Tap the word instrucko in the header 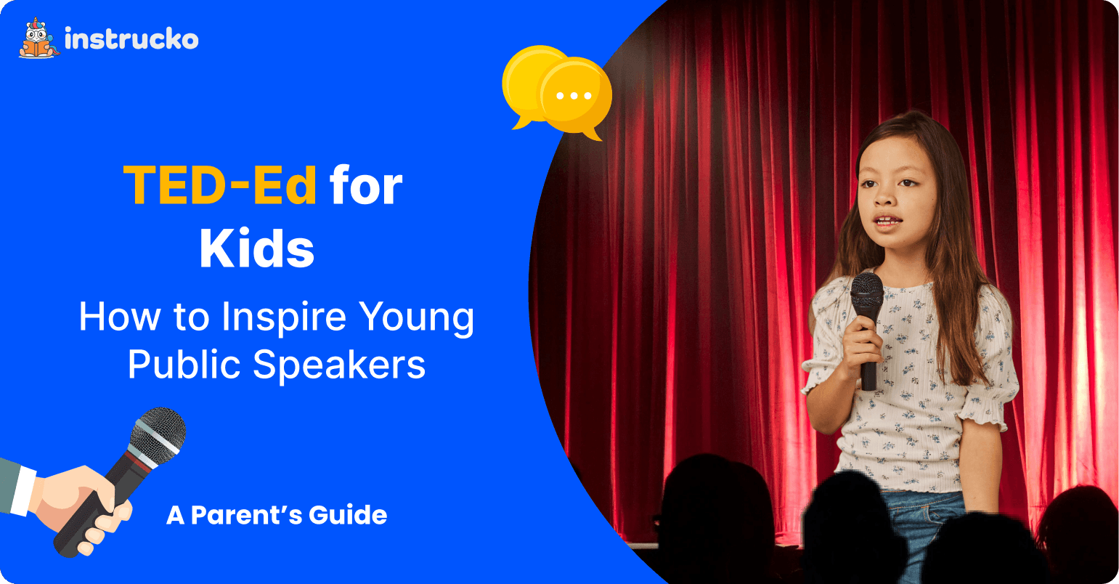[x=132, y=38]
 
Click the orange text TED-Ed [x=220, y=184]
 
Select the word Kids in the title [x=257, y=248]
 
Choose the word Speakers [x=339, y=365]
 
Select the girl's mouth [x=887, y=220]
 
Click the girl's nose [x=885, y=197]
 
